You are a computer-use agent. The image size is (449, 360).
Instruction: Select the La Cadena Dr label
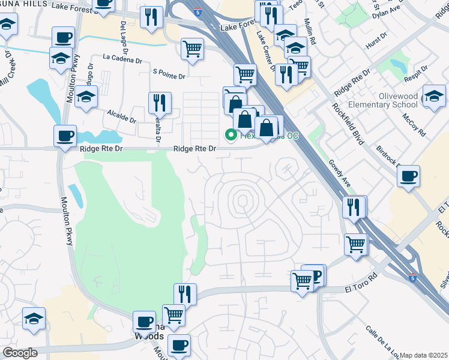(122, 59)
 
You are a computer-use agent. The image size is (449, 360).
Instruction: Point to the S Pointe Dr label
(169, 76)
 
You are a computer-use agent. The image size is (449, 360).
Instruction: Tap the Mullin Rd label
(312, 34)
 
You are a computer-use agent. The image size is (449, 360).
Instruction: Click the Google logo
(20, 353)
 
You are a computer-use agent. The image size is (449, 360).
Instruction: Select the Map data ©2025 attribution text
(423, 355)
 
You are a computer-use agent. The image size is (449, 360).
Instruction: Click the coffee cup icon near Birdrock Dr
(408, 176)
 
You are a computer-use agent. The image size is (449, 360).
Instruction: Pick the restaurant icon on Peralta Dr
(160, 103)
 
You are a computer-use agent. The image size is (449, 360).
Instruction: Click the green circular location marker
(230, 135)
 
